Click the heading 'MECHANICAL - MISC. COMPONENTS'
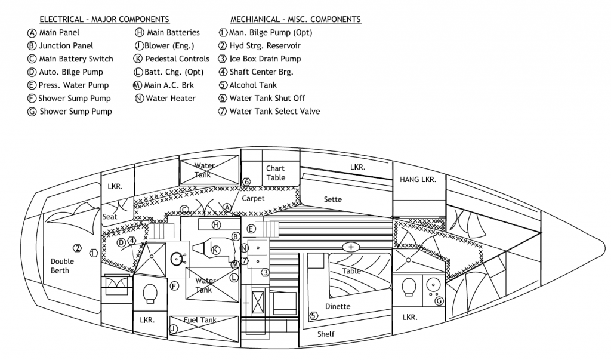[x=295, y=20]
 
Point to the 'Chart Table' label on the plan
[x=276, y=173]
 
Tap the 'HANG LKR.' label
[x=418, y=179]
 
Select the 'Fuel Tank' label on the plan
[x=200, y=320]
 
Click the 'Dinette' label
[x=338, y=306]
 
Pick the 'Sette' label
[x=332, y=199]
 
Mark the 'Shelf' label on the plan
[x=326, y=334]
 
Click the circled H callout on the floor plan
[x=217, y=224]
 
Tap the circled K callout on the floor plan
[x=216, y=250]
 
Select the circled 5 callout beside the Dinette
[x=313, y=316]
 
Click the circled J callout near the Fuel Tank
[x=173, y=328]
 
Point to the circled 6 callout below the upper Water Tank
[x=246, y=181]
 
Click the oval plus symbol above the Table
[x=351, y=247]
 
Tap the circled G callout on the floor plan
[x=439, y=301]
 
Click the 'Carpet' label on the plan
[x=253, y=198]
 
